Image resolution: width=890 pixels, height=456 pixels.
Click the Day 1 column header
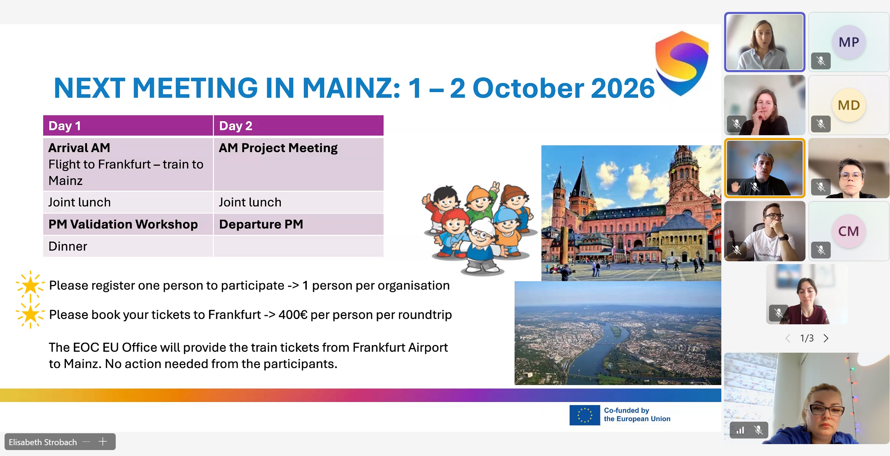coord(128,125)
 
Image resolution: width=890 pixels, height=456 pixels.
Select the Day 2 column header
coord(298,125)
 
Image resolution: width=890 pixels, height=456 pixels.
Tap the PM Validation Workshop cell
coord(128,224)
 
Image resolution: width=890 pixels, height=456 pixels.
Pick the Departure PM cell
coord(298,224)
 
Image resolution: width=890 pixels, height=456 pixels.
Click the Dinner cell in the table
coord(128,246)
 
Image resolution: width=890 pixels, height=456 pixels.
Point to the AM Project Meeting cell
coord(298,164)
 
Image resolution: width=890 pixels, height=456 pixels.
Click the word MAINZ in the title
coord(351,88)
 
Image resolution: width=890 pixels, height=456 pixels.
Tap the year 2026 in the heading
coord(623,88)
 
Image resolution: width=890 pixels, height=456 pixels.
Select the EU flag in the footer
coord(585,415)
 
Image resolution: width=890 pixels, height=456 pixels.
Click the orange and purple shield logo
coord(682,63)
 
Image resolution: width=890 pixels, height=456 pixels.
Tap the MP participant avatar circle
coord(849,42)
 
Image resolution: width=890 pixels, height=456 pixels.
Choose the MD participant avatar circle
coord(849,105)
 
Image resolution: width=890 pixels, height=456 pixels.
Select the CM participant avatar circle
coord(849,231)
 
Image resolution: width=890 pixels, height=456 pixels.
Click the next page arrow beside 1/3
coord(826,338)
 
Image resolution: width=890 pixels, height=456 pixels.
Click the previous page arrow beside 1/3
coord(788,338)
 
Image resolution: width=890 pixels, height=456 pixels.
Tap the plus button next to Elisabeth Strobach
coord(103,442)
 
